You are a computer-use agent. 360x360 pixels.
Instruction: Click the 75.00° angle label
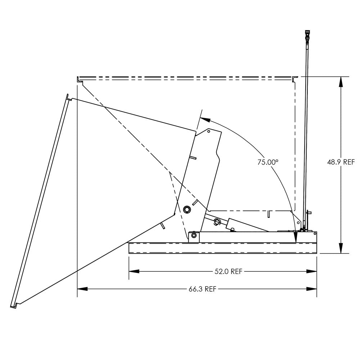tap(267, 162)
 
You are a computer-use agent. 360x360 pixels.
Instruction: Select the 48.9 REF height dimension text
tap(341, 162)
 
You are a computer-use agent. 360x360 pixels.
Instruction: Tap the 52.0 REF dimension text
tap(229, 271)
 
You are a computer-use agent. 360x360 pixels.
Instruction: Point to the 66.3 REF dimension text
tap(202, 289)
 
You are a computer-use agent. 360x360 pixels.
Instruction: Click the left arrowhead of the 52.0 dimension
tap(134, 271)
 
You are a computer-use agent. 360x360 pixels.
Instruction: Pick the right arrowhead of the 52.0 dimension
tap(311, 271)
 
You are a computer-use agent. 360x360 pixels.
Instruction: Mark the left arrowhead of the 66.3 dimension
tap(82, 289)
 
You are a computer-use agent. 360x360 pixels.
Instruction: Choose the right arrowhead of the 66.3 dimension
tap(311, 289)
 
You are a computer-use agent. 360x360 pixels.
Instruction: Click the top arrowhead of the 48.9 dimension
tap(341, 82)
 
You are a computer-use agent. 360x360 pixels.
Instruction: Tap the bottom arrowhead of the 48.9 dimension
tap(341, 248)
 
